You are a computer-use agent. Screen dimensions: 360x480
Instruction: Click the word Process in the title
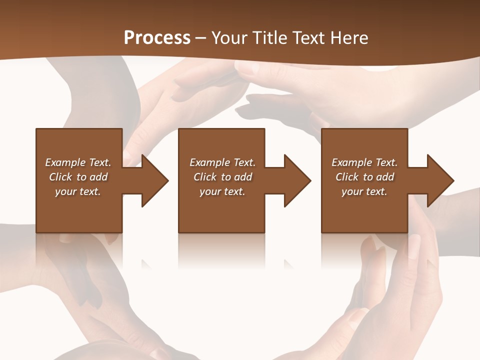pos(157,38)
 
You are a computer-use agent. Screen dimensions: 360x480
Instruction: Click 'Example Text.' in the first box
pos(78,162)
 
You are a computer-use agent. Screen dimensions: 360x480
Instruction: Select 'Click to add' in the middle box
pos(222,177)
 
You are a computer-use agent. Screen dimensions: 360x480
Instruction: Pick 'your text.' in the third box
pos(364,191)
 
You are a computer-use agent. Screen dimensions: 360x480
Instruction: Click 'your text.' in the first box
pos(78,191)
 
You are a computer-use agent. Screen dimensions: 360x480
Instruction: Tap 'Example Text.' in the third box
pos(364,162)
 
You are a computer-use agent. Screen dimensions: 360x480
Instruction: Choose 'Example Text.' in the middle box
pos(222,162)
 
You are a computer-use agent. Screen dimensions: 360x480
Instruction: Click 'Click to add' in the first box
pos(78,177)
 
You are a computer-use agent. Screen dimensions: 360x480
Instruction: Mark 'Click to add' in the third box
pos(364,177)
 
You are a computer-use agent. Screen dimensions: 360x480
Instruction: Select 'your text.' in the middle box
pos(222,191)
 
